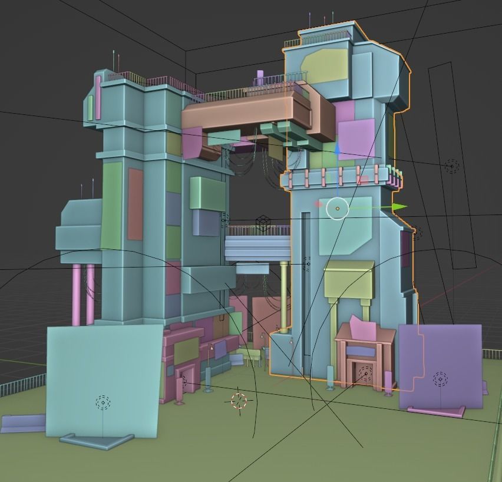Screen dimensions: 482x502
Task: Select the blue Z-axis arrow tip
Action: (337, 150)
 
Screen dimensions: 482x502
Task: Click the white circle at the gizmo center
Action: (338, 208)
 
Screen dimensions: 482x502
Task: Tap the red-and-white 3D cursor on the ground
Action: (239, 401)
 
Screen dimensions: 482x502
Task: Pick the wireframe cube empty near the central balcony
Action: (263, 223)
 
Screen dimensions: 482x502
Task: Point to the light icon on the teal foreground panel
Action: (103, 403)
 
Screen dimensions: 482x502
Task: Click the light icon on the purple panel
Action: (440, 379)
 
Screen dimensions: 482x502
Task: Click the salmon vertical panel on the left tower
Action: (136, 204)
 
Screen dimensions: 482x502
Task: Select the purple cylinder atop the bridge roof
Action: (260, 78)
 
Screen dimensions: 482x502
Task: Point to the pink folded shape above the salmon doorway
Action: (361, 327)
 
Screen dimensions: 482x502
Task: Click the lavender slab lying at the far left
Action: (22, 422)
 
